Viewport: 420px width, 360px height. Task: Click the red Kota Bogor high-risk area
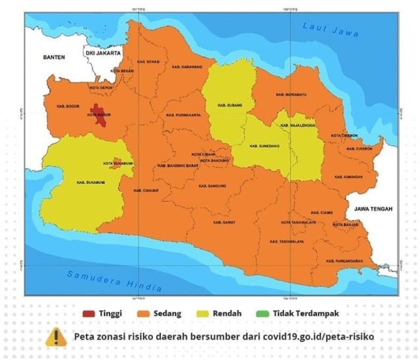pos(99,114)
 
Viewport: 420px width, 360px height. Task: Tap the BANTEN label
pos(54,58)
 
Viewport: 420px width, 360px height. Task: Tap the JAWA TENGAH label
pos(373,209)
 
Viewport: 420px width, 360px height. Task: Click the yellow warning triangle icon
pos(56,336)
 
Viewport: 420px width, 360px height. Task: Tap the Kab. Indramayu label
pos(291,95)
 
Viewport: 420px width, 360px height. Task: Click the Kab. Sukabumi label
pos(89,182)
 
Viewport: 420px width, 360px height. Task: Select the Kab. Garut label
pos(224,222)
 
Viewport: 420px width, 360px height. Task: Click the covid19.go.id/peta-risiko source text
pos(320,336)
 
